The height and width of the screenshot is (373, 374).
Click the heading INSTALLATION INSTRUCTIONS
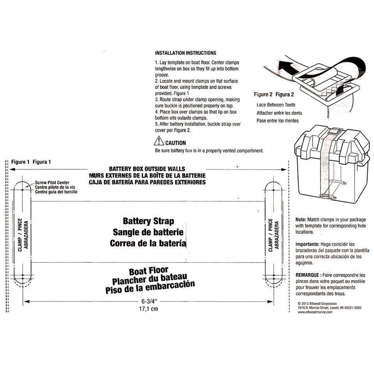185,53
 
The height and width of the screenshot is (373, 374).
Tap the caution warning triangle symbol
159,141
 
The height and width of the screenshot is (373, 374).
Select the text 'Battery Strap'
148,221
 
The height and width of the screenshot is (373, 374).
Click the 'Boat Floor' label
148,270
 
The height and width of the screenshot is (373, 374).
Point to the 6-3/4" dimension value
148,301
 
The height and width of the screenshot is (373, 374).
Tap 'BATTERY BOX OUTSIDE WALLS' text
147,169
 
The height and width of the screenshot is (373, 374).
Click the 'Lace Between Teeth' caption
276,105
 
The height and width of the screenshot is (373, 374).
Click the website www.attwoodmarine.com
315,312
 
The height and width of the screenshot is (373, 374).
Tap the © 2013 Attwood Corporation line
317,303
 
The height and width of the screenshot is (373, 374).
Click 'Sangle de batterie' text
148,233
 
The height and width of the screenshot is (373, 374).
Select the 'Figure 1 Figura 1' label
31,162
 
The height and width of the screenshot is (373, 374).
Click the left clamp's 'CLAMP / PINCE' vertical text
20,237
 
